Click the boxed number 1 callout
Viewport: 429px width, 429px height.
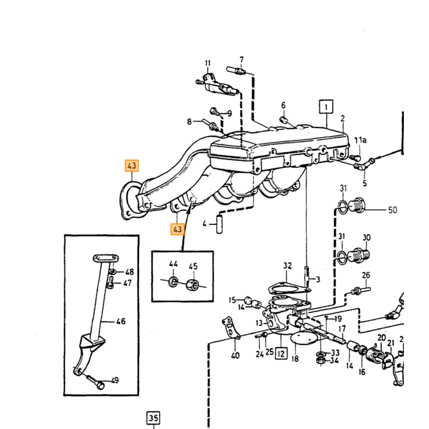326,107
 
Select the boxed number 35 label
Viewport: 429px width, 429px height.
153,418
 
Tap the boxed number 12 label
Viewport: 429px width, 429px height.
281,354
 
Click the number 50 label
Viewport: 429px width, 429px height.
393,210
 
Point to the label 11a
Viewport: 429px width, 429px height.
360,140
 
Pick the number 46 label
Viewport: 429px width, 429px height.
121,321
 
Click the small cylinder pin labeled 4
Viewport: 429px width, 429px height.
219,224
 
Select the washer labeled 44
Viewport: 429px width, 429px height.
173,281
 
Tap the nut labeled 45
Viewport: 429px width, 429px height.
192,284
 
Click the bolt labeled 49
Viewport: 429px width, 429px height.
96,382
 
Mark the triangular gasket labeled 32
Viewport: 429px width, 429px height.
289,288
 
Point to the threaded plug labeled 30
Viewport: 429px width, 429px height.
359,256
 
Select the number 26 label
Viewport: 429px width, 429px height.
366,275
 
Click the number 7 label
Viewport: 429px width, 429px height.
241,59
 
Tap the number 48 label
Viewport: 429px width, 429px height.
130,271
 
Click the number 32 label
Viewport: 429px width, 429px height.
287,265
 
